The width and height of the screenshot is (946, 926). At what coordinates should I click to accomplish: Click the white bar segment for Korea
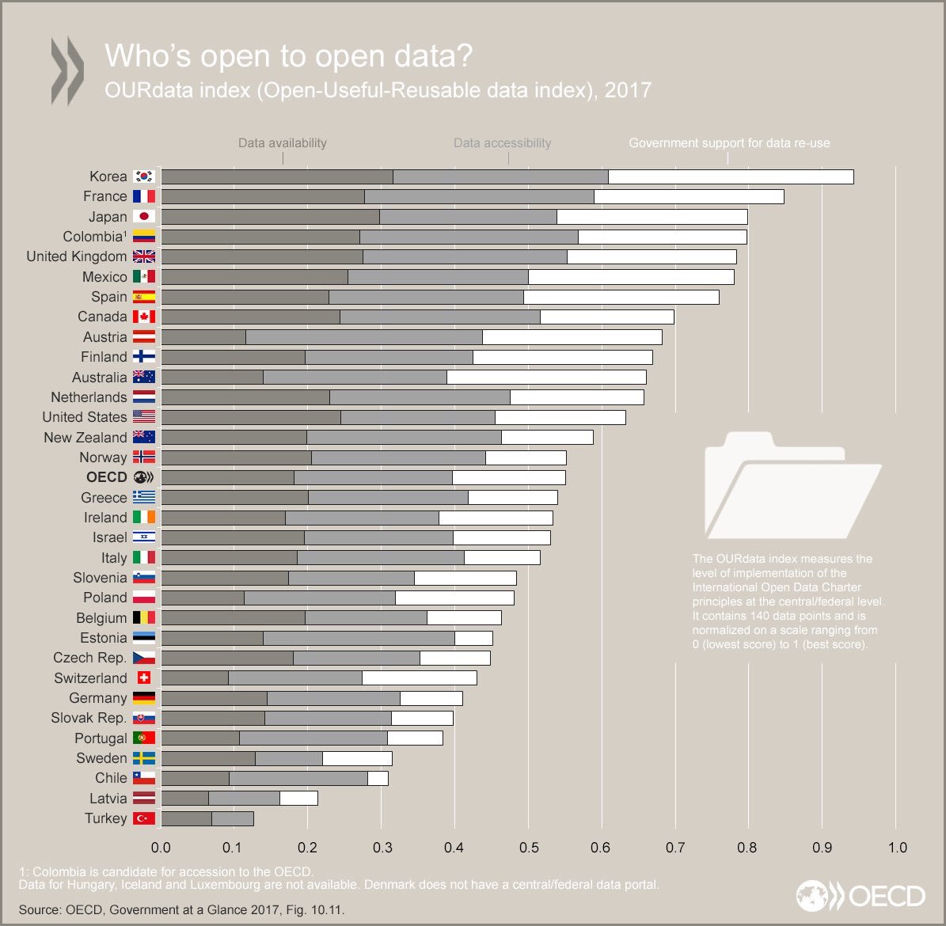[x=731, y=176]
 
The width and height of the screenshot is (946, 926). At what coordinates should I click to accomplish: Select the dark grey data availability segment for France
[x=263, y=196]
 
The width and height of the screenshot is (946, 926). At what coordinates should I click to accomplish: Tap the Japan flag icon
[x=144, y=217]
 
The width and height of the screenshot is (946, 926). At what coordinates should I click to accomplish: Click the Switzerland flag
[x=144, y=678]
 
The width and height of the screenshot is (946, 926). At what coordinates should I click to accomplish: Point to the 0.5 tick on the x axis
[x=529, y=848]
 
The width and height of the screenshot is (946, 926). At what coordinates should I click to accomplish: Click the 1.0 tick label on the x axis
[x=897, y=848]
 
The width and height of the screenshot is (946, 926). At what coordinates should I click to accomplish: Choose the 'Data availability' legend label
[x=283, y=143]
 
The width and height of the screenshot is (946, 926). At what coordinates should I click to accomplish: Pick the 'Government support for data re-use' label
[x=729, y=143]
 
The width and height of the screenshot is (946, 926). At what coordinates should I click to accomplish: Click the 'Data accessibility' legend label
[x=502, y=143]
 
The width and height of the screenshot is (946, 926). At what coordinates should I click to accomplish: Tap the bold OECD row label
[x=107, y=477]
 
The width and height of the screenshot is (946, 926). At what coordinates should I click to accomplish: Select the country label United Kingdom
[x=76, y=256]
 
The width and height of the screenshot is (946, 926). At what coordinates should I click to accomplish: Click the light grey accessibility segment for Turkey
[x=233, y=818]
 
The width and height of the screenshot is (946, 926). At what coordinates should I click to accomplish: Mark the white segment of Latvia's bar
[x=298, y=799]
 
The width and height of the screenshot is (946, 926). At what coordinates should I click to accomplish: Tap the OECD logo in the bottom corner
[x=861, y=896]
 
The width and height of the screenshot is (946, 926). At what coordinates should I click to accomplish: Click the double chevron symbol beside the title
[x=67, y=70]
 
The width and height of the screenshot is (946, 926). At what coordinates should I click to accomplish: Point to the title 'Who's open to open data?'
[x=289, y=56]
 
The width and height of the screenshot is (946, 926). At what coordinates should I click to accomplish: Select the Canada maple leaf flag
[x=144, y=317]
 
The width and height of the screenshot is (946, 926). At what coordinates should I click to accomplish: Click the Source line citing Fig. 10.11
[x=181, y=910]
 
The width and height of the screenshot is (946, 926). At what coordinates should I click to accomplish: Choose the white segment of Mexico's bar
[x=631, y=277]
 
